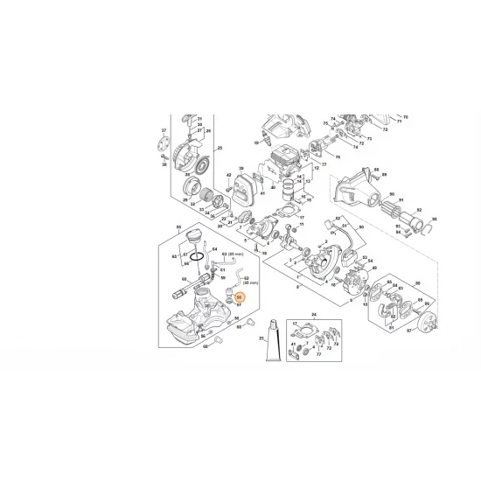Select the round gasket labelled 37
click(165, 146)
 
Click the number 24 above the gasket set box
click(313, 314)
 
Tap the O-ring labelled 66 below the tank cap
click(199, 256)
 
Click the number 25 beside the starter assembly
click(220, 149)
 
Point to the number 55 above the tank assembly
click(178, 227)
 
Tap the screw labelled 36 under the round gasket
click(165, 162)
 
